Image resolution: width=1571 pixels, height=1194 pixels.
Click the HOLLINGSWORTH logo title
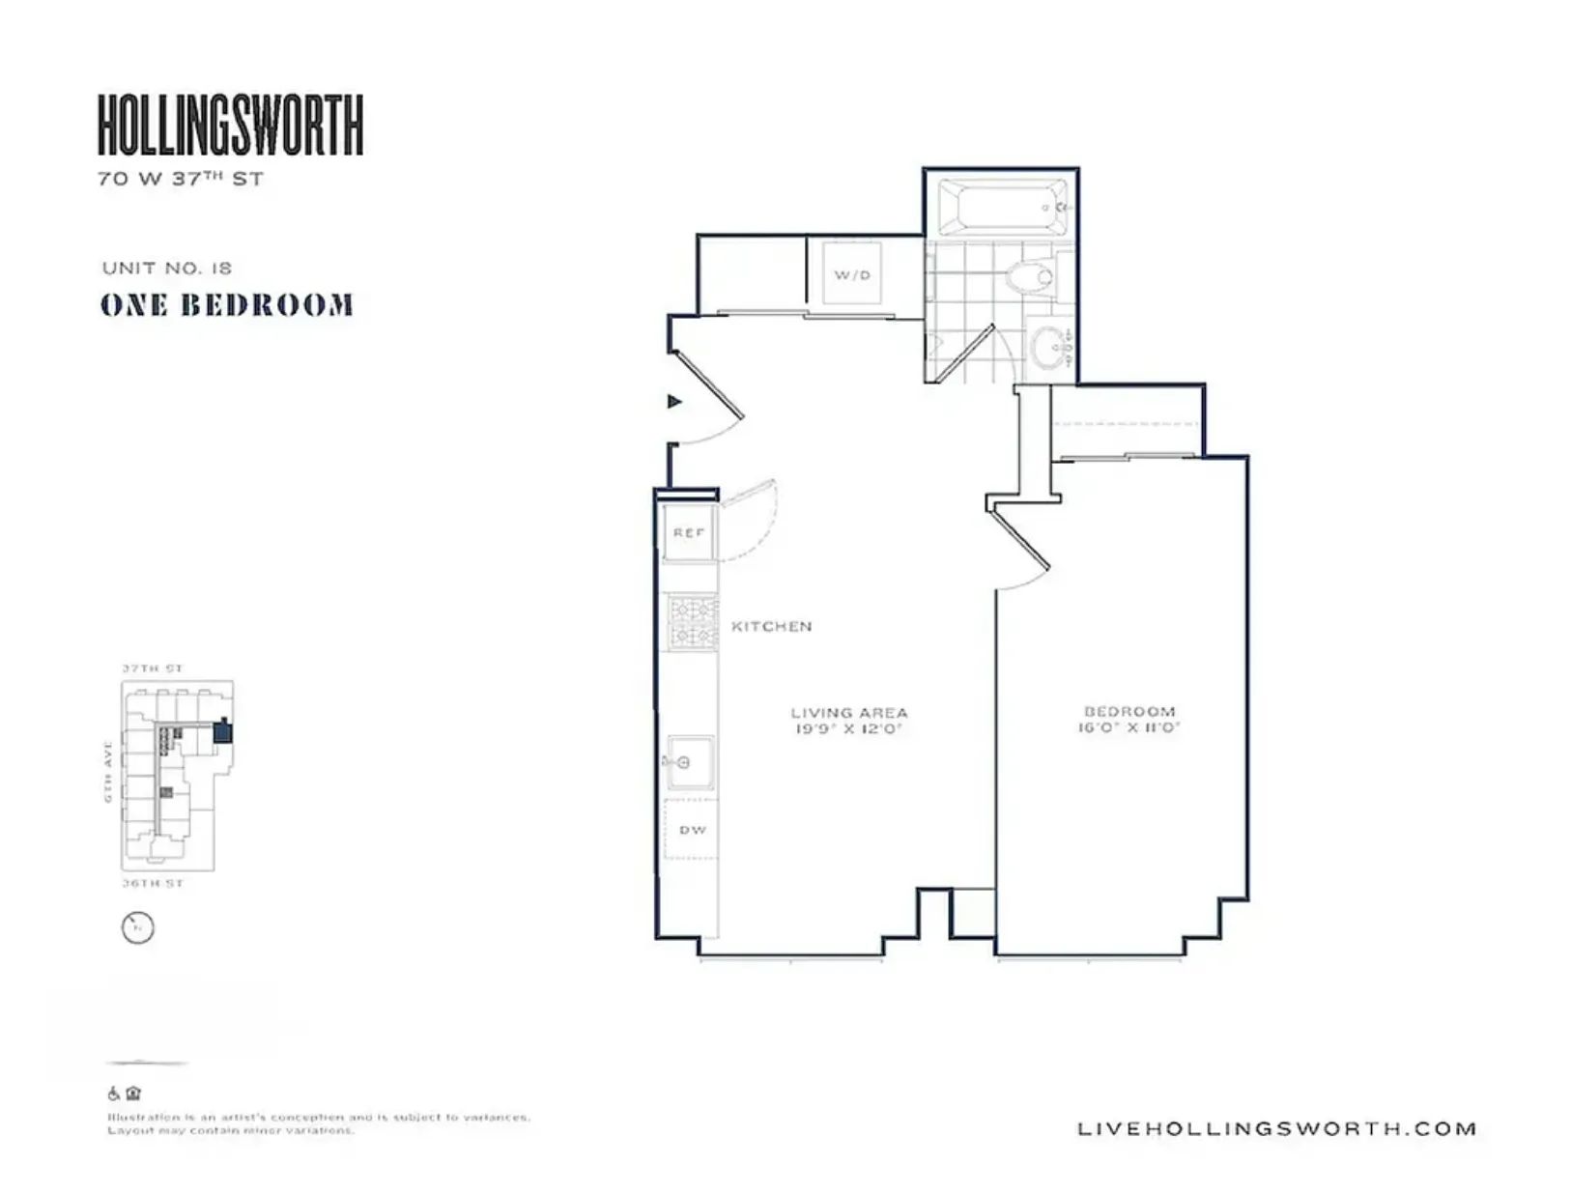(230, 125)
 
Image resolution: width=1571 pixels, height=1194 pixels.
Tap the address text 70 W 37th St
(180, 179)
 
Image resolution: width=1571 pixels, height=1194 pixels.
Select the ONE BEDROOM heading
(227, 305)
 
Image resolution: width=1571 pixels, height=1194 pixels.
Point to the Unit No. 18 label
(166, 268)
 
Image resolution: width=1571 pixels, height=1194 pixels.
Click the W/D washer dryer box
(852, 274)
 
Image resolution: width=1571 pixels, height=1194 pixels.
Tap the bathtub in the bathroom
(1002, 207)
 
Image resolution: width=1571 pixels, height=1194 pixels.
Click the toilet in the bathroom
(1029, 278)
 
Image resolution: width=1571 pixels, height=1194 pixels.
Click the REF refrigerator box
(689, 532)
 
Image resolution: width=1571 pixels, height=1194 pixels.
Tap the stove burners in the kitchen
(694, 622)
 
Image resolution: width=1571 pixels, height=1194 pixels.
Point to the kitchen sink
(690, 762)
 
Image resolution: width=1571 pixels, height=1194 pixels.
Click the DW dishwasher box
(692, 829)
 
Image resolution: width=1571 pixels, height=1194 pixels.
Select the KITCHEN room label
(771, 626)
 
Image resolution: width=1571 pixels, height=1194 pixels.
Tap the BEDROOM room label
(1128, 711)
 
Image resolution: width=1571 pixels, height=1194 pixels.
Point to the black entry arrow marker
(674, 401)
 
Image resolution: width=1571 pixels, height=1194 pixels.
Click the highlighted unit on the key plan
(223, 731)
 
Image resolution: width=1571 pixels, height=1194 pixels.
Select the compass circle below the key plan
(138, 927)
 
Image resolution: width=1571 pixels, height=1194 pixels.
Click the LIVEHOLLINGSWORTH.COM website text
(1276, 1128)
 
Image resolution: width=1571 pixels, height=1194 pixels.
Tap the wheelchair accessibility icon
(114, 1094)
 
